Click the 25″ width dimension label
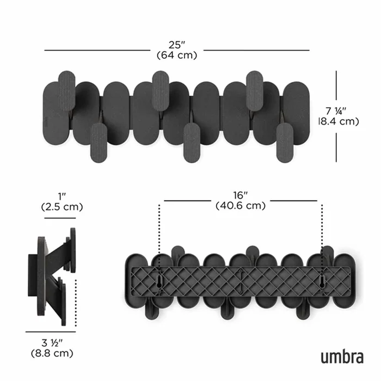(176, 45)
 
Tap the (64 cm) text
(176, 55)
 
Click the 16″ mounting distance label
(240, 195)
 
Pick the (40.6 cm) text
(240, 205)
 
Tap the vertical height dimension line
(336, 116)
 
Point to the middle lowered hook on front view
(192, 142)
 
